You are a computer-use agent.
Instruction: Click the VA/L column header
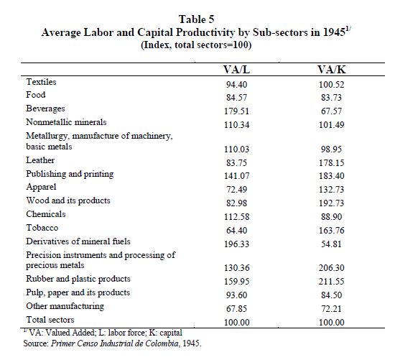[236, 70]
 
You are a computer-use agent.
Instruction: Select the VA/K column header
[331, 70]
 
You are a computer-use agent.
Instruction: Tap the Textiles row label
[41, 82]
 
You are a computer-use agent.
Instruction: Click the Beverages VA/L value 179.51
[236, 111]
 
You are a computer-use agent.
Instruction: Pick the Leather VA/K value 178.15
[331, 162]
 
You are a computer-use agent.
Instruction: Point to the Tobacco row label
[42, 228]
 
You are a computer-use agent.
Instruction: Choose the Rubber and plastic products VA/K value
[331, 282]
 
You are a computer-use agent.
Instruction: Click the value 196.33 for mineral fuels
[236, 244]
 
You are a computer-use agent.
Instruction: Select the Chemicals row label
[45, 214]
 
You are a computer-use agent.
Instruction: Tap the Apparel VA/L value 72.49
[236, 189]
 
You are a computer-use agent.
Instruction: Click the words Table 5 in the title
[196, 19]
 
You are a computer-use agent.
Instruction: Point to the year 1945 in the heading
[334, 32]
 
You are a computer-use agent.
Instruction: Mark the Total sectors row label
[50, 320]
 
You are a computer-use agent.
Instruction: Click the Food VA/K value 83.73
[331, 97]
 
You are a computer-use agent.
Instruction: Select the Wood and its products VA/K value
[331, 203]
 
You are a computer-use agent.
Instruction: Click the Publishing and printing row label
[70, 174]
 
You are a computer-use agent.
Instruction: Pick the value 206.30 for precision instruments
[331, 267]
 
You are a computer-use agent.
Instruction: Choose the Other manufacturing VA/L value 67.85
[236, 308]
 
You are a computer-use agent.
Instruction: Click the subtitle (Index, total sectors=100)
[196, 45]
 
